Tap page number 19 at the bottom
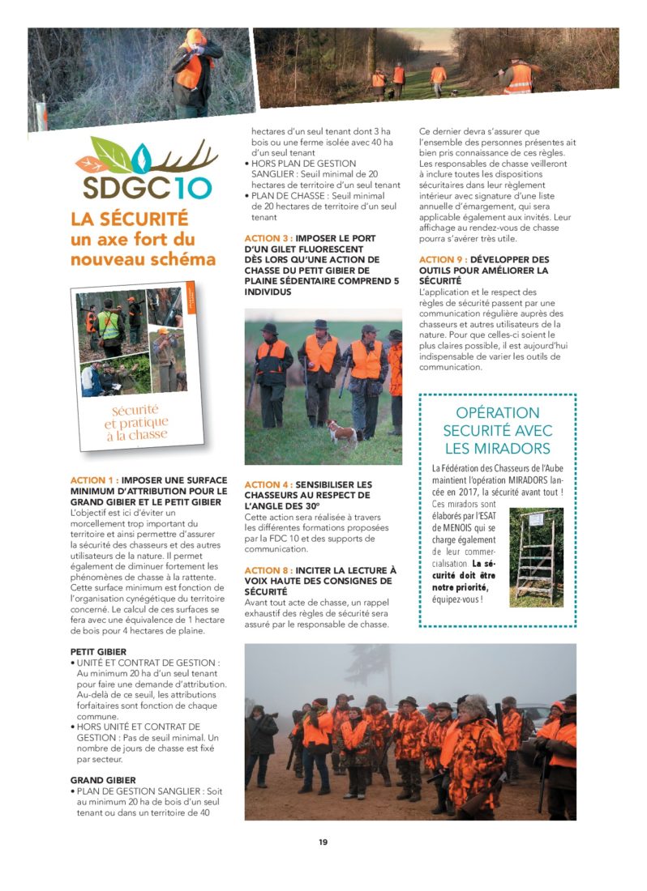(x=323, y=842)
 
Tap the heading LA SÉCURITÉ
(x=129, y=219)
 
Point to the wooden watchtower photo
(x=536, y=556)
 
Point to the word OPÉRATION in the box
(x=497, y=413)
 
